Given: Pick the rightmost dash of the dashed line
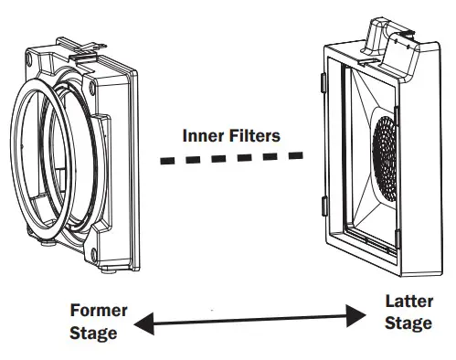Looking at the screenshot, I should click(x=293, y=156).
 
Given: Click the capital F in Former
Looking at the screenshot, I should click(x=76, y=312).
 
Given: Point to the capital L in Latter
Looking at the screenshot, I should click(x=390, y=301).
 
